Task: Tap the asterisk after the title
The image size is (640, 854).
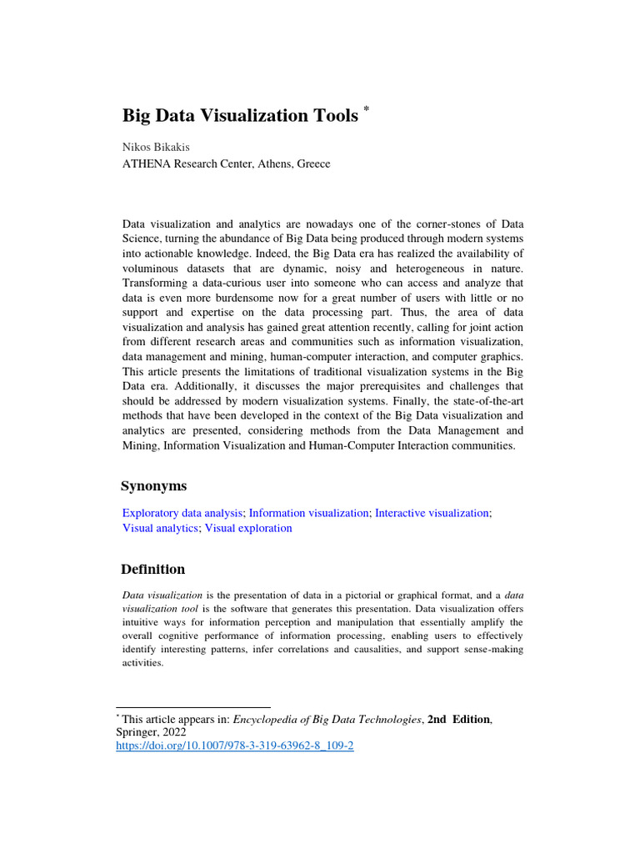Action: point(365,109)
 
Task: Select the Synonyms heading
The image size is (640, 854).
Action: point(153,486)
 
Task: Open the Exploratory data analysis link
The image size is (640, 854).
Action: point(182,513)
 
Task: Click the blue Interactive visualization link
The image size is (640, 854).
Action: point(432,513)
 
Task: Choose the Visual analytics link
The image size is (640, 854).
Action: point(160,528)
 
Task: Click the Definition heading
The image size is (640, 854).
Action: point(153,570)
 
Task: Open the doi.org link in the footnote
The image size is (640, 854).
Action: point(234,746)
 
